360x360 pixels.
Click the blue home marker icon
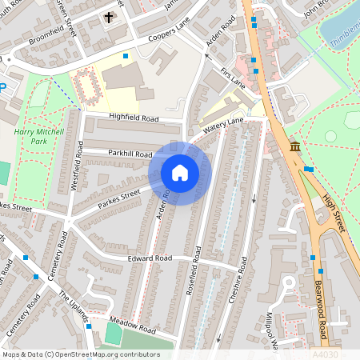(x=180, y=173)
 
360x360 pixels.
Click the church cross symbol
(x=109, y=17)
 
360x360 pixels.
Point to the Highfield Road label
(x=134, y=118)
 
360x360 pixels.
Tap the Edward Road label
(x=150, y=258)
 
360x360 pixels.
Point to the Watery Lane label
(x=222, y=125)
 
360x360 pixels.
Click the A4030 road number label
(x=324, y=353)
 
